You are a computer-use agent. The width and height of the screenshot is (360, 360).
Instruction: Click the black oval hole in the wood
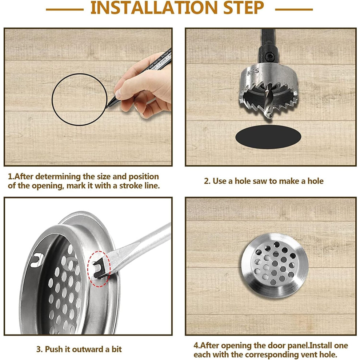268,137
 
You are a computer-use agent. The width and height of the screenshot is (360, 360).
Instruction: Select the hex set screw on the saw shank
268,56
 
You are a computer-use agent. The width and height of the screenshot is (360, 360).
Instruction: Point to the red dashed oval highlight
99,269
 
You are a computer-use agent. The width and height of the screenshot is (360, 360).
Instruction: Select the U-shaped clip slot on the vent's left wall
37,260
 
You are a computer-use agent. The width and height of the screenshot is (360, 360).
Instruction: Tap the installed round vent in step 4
274,265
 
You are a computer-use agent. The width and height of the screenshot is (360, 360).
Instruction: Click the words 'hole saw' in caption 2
251,181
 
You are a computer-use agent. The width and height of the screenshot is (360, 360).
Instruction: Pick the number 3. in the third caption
40,349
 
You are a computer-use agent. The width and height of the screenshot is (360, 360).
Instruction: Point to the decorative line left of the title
65,10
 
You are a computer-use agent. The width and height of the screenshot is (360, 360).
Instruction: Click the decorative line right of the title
294,10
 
